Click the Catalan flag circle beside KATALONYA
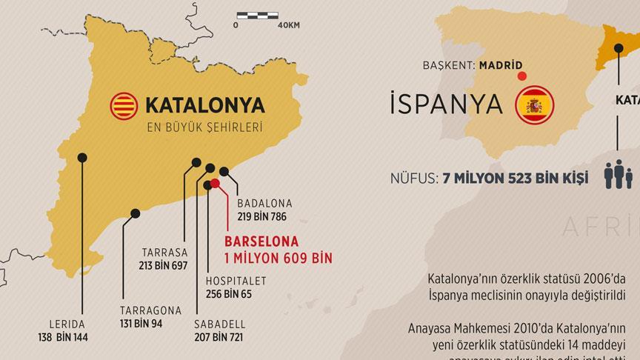[124, 107]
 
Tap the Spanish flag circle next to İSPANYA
[535, 105]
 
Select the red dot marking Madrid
[522, 76]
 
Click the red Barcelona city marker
[215, 183]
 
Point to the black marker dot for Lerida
[82, 157]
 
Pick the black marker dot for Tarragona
[136, 213]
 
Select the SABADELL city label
[220, 324]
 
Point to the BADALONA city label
[264, 204]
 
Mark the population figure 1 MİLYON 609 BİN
[279, 257]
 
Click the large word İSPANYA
[443, 105]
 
